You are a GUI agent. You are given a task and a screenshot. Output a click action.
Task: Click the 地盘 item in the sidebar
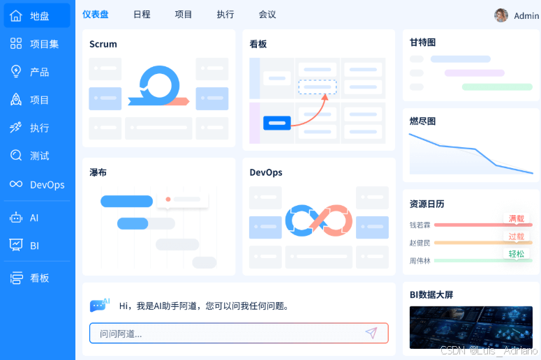tap(38, 16)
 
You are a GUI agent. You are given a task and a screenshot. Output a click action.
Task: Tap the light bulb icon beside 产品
tap(15, 72)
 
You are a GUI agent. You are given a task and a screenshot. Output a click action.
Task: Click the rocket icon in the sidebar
tap(15, 100)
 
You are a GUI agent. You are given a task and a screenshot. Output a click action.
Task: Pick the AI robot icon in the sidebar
tap(15, 218)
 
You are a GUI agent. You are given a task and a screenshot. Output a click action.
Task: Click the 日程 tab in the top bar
tap(142, 14)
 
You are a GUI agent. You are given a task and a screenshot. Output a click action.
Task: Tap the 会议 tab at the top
tap(267, 14)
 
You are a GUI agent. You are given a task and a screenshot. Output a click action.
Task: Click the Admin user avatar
tap(501, 15)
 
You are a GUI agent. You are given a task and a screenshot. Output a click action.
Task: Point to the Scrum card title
tap(103, 44)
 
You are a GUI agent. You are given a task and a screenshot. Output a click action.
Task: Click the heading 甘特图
tap(423, 43)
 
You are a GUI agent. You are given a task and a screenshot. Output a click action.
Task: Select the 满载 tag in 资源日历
tap(517, 219)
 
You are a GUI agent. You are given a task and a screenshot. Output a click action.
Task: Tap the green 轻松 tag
tap(517, 254)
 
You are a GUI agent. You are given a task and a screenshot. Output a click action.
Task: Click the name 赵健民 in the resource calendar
tap(420, 243)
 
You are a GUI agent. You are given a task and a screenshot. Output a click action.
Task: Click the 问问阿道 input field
tap(230, 333)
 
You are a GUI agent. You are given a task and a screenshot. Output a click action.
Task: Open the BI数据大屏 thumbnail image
tap(470, 327)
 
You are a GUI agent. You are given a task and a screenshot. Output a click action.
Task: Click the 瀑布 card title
tap(98, 172)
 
